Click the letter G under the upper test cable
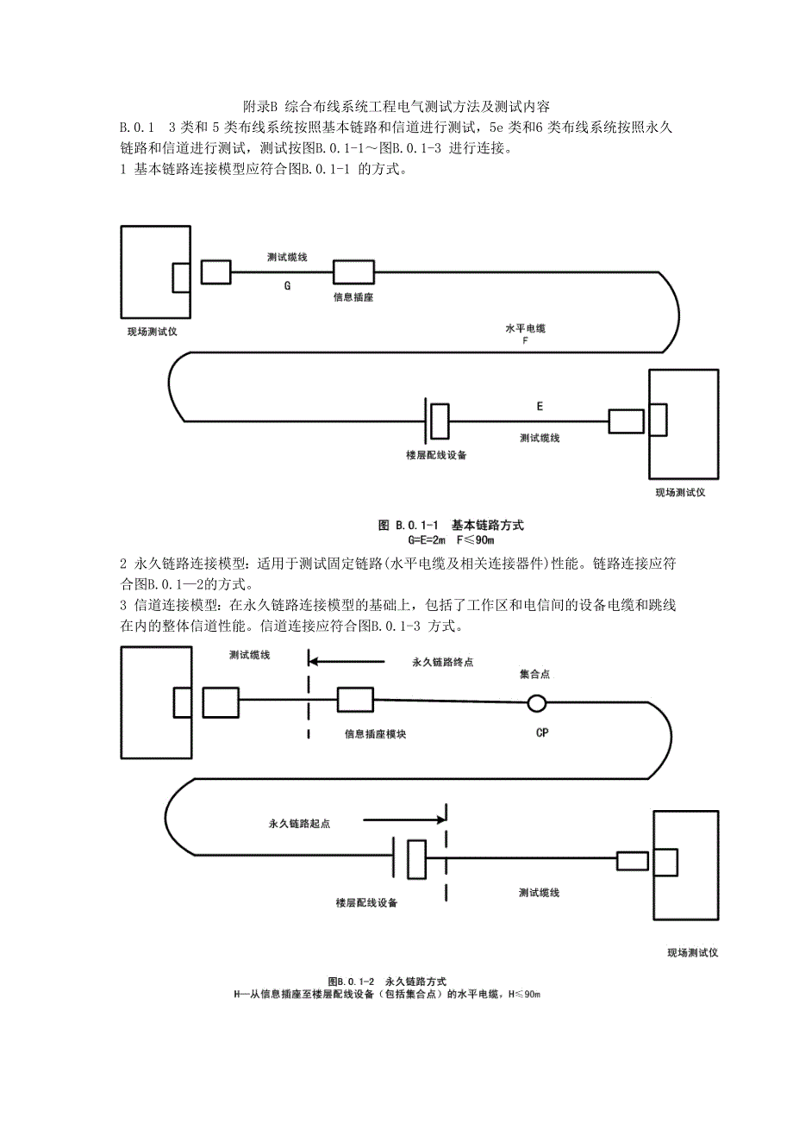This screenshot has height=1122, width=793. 287,285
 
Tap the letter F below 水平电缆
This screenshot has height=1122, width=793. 525,341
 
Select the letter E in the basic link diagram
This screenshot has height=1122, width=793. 540,405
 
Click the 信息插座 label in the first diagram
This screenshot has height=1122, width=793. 353,296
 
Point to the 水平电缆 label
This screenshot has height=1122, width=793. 525,329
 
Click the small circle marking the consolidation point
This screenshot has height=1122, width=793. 537,703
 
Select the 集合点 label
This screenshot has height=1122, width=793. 534,675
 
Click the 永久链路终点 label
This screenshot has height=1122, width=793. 443,663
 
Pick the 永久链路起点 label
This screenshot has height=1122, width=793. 300,823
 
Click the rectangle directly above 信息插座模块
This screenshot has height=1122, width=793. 355,700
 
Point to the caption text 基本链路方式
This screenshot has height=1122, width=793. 488,525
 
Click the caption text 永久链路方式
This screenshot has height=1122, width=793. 415,982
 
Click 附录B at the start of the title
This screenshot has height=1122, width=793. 258,108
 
